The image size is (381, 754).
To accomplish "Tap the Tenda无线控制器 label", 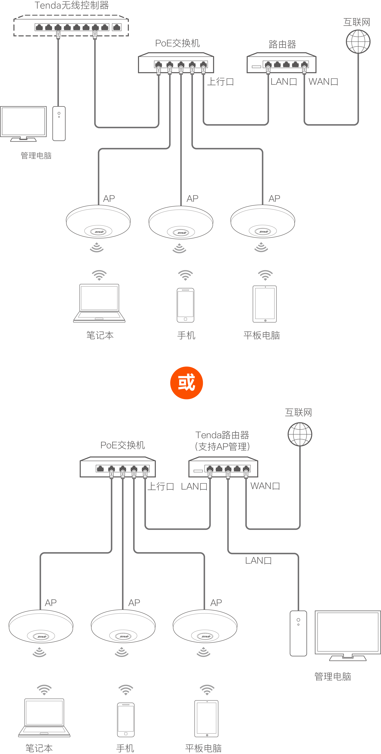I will (72, 5).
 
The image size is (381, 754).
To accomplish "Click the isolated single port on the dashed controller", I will (117, 28).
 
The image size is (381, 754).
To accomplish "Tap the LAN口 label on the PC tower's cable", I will (258, 560).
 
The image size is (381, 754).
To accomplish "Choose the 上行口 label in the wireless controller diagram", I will (220, 82).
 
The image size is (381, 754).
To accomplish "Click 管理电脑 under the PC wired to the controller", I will (36, 156).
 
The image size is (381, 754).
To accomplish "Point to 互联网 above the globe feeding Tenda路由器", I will (298, 412).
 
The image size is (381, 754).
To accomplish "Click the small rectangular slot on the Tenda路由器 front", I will (198, 471).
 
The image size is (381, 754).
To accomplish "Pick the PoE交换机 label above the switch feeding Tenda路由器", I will (123, 445).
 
